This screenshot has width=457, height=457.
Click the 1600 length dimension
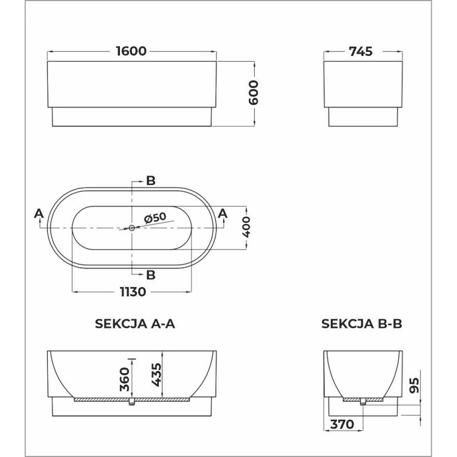[x=131, y=51]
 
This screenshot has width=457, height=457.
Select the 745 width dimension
[x=361, y=51]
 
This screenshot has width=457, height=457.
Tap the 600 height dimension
[x=253, y=93]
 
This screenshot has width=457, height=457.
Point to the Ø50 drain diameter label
[x=155, y=218]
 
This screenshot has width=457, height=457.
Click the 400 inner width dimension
[x=246, y=227]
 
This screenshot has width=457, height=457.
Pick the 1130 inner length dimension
[x=133, y=292]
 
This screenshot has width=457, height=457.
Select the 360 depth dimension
[x=125, y=379]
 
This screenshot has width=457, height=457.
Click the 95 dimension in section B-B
[x=414, y=385]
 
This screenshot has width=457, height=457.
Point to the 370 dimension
[x=342, y=424]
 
